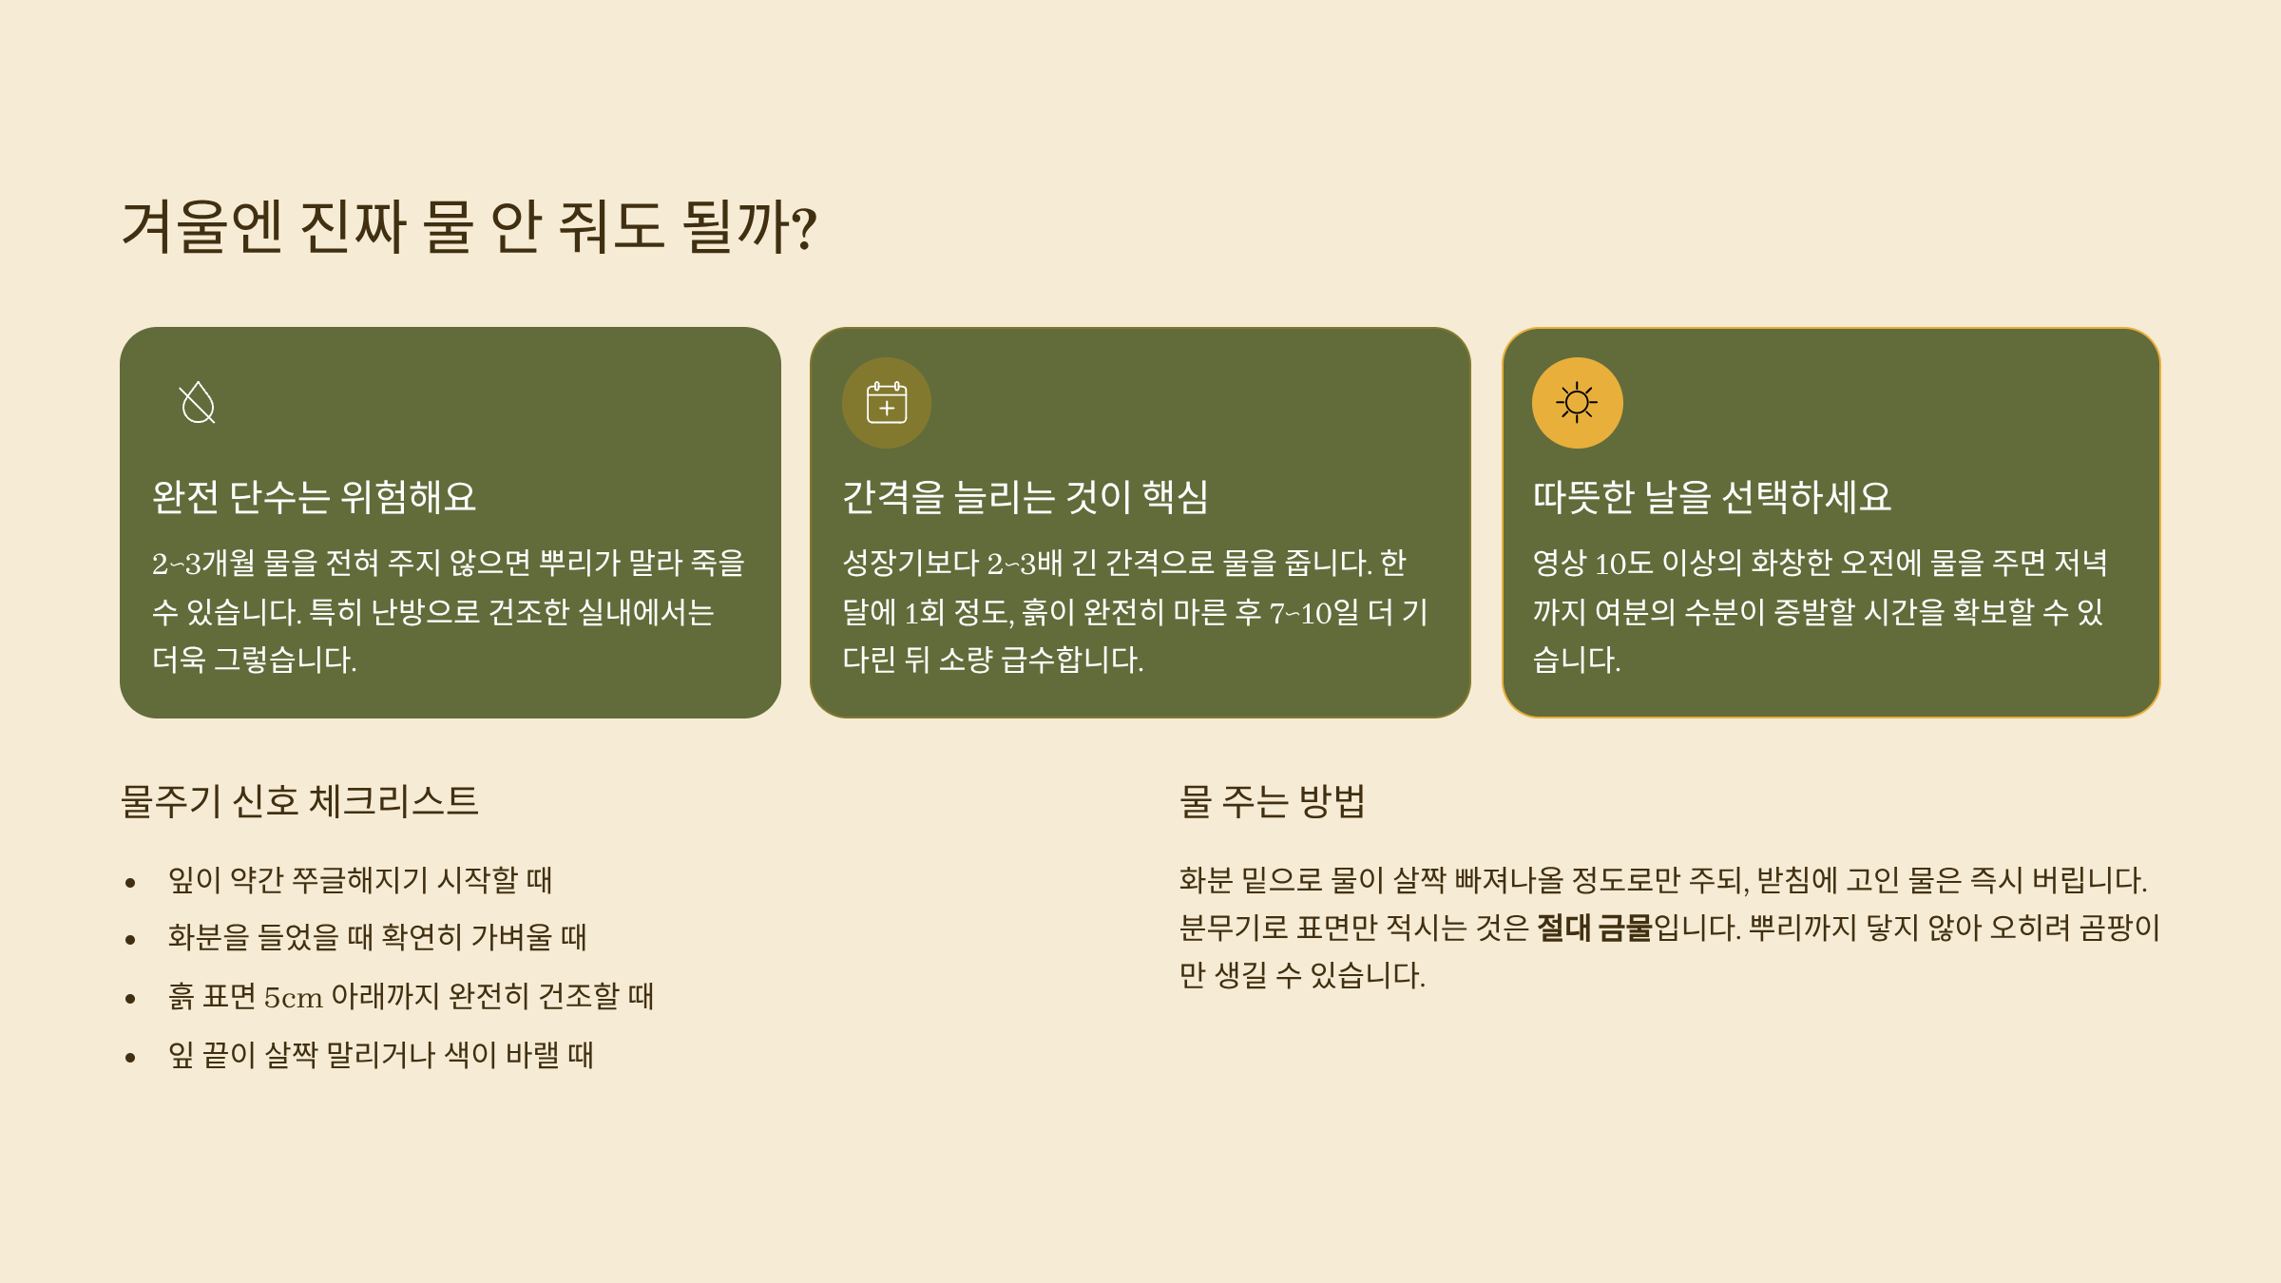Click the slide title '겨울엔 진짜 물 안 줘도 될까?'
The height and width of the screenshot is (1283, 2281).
[470, 226]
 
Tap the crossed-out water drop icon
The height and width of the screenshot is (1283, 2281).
[198, 403]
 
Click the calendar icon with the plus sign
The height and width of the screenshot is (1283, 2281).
[887, 403]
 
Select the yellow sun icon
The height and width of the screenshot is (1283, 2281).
[1577, 403]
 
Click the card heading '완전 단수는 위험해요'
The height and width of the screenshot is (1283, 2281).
[314, 497]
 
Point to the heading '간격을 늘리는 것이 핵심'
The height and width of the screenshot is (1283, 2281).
[1025, 497]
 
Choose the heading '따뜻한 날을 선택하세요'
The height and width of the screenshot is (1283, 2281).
[1712, 497]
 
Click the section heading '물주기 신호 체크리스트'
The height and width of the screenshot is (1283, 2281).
[299, 801]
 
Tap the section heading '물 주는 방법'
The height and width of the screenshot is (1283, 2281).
[1273, 801]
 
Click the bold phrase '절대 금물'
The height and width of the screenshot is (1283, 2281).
[1595, 928]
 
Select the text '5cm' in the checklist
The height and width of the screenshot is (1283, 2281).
[293, 997]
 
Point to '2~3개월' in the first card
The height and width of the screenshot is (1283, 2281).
[203, 563]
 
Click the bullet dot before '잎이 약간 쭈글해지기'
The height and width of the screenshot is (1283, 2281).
[130, 883]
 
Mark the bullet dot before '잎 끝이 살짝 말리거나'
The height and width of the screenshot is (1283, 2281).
[130, 1058]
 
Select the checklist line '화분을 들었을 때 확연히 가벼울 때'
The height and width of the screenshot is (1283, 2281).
[377, 937]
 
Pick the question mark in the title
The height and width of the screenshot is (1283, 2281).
[804, 228]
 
